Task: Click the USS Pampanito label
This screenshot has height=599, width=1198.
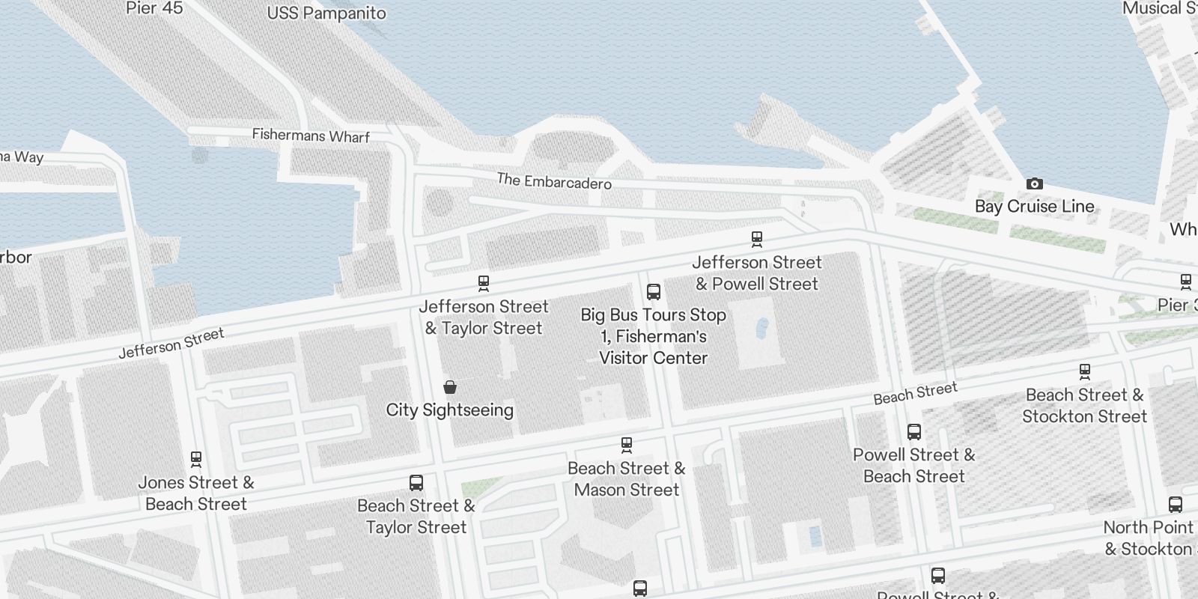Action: (326, 13)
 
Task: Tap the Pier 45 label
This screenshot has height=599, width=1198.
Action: (154, 8)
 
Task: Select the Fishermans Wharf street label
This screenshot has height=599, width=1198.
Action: (311, 136)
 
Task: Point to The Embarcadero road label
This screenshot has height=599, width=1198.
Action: (554, 181)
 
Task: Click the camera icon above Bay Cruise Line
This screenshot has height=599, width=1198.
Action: (1034, 184)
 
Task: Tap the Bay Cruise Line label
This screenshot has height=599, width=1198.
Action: (1034, 207)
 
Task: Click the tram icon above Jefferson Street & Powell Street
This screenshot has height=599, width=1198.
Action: (757, 240)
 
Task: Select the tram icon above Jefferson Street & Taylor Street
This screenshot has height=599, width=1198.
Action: (484, 284)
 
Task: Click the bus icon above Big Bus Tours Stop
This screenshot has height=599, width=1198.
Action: (653, 292)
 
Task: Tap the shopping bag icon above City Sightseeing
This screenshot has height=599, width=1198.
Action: (450, 387)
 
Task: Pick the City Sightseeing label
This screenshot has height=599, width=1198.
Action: (449, 410)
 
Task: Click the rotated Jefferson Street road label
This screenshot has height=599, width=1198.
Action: (171, 344)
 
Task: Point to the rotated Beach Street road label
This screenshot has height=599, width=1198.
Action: (915, 393)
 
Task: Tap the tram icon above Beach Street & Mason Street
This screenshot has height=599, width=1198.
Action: (627, 446)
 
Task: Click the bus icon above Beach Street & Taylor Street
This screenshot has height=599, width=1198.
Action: (416, 483)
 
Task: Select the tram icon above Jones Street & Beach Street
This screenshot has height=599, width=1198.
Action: (196, 459)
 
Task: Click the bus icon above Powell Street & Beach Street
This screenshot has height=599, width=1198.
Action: (913, 432)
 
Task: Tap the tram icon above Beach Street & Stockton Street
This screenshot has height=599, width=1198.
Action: (1084, 371)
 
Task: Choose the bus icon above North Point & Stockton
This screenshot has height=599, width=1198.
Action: (1175, 505)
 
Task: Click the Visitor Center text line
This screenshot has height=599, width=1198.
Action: (653, 358)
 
